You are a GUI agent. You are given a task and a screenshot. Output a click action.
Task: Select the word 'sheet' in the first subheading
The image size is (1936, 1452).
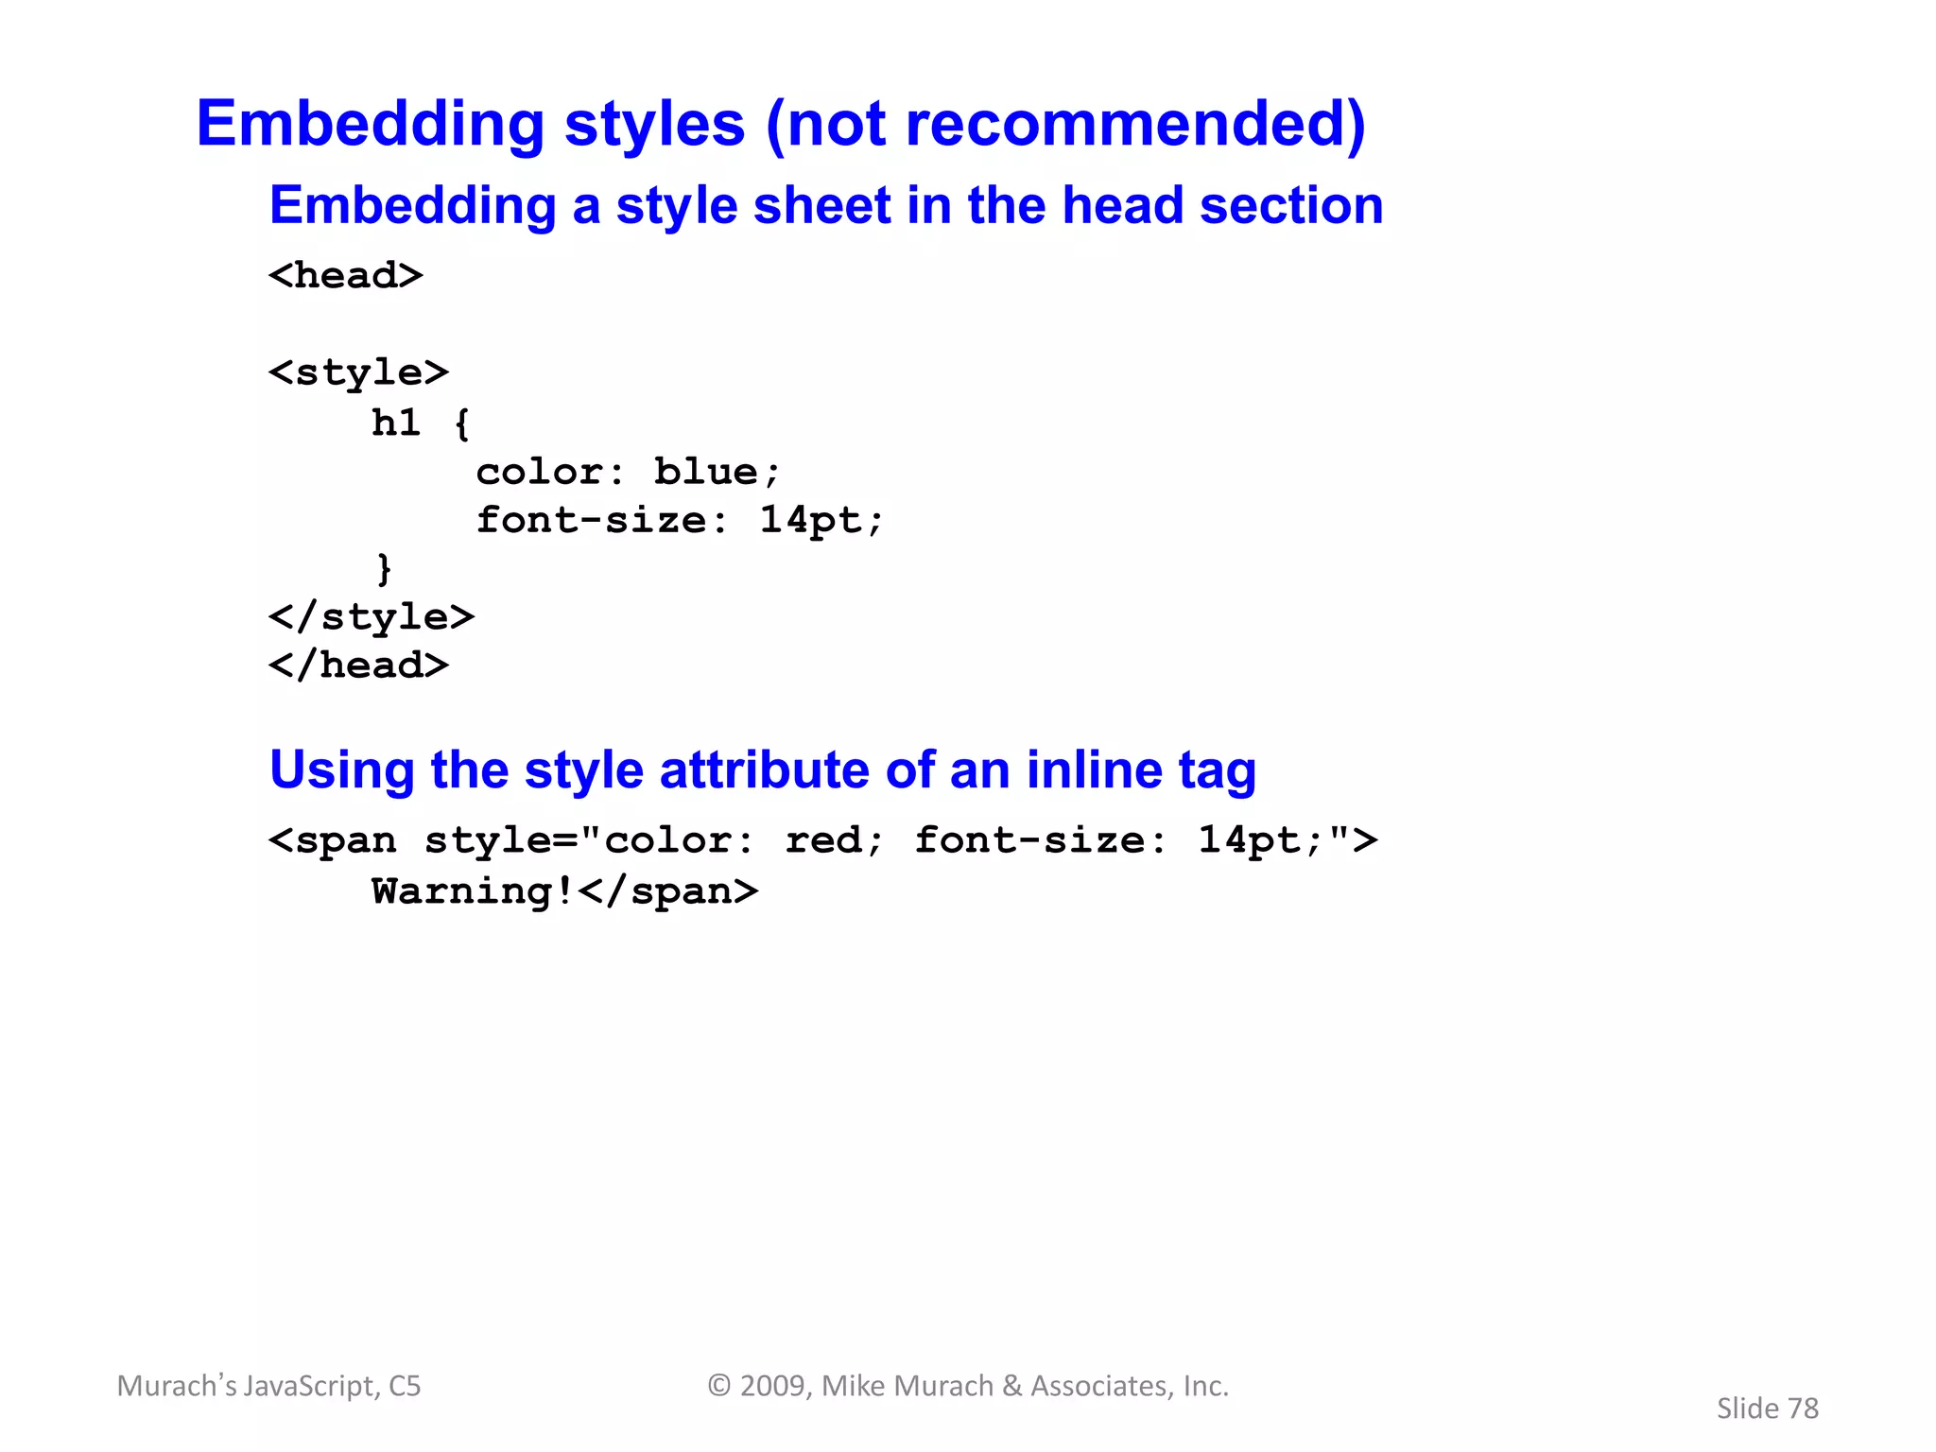click(821, 205)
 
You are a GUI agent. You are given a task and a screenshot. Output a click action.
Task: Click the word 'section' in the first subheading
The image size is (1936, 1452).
click(1291, 205)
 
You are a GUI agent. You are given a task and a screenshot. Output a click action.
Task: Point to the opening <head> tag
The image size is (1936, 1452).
click(345, 276)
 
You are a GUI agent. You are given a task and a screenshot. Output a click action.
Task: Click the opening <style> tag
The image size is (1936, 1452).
click(358, 372)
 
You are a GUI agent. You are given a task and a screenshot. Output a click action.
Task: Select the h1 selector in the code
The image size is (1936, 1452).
click(395, 423)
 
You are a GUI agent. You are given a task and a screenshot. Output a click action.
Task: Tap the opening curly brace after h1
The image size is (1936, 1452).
click(461, 423)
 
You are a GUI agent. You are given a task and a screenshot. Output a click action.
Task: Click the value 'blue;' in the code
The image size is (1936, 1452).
click(717, 472)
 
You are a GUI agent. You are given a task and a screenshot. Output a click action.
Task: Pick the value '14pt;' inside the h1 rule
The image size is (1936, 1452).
click(821, 520)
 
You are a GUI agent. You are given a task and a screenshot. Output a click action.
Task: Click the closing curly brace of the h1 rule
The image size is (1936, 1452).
click(384, 569)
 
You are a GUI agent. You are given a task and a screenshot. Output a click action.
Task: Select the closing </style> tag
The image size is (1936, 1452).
click(371, 617)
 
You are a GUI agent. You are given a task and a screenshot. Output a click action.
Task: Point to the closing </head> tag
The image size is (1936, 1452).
click(358, 665)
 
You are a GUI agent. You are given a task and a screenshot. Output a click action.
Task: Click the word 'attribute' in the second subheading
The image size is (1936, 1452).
click(764, 769)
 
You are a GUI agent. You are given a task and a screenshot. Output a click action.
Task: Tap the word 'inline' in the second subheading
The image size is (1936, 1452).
click(1094, 769)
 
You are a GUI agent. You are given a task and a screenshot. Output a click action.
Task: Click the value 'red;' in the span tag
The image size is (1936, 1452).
click(834, 840)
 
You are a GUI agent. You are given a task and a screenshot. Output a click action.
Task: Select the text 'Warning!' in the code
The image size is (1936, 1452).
click(473, 891)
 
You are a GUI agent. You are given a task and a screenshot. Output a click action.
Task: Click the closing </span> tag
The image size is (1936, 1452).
click(667, 891)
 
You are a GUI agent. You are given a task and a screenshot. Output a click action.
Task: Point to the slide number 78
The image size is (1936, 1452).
click(1803, 1409)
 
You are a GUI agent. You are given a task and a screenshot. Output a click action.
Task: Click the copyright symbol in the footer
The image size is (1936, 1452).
click(719, 1386)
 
